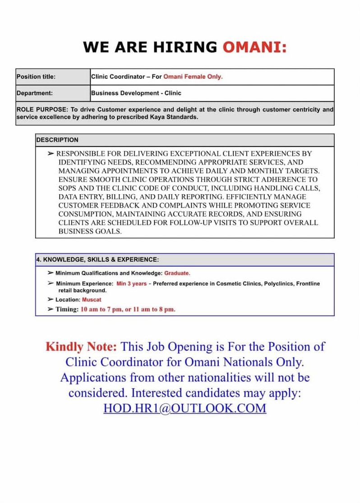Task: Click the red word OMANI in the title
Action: (254, 47)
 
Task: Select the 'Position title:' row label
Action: (36, 77)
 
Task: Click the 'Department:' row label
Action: (35, 93)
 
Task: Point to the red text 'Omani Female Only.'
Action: (193, 77)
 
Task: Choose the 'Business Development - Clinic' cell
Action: (136, 93)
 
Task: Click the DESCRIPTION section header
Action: (57, 140)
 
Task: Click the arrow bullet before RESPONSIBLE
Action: (51, 154)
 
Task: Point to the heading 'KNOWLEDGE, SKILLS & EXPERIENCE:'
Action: (101, 260)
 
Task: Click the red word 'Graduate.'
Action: (177, 273)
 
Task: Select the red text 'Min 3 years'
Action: (131, 284)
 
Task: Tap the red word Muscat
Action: (92, 299)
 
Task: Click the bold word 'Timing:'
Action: (67, 309)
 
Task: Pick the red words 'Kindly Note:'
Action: (81, 347)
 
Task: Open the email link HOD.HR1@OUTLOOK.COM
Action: (185, 408)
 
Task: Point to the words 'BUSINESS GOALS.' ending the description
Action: (90, 231)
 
